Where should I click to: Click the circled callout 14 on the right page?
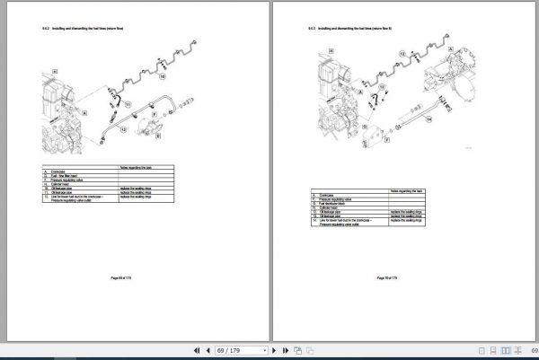click(429, 119)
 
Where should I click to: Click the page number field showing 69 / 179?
click(240, 349)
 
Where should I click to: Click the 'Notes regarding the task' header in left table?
click(138, 166)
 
